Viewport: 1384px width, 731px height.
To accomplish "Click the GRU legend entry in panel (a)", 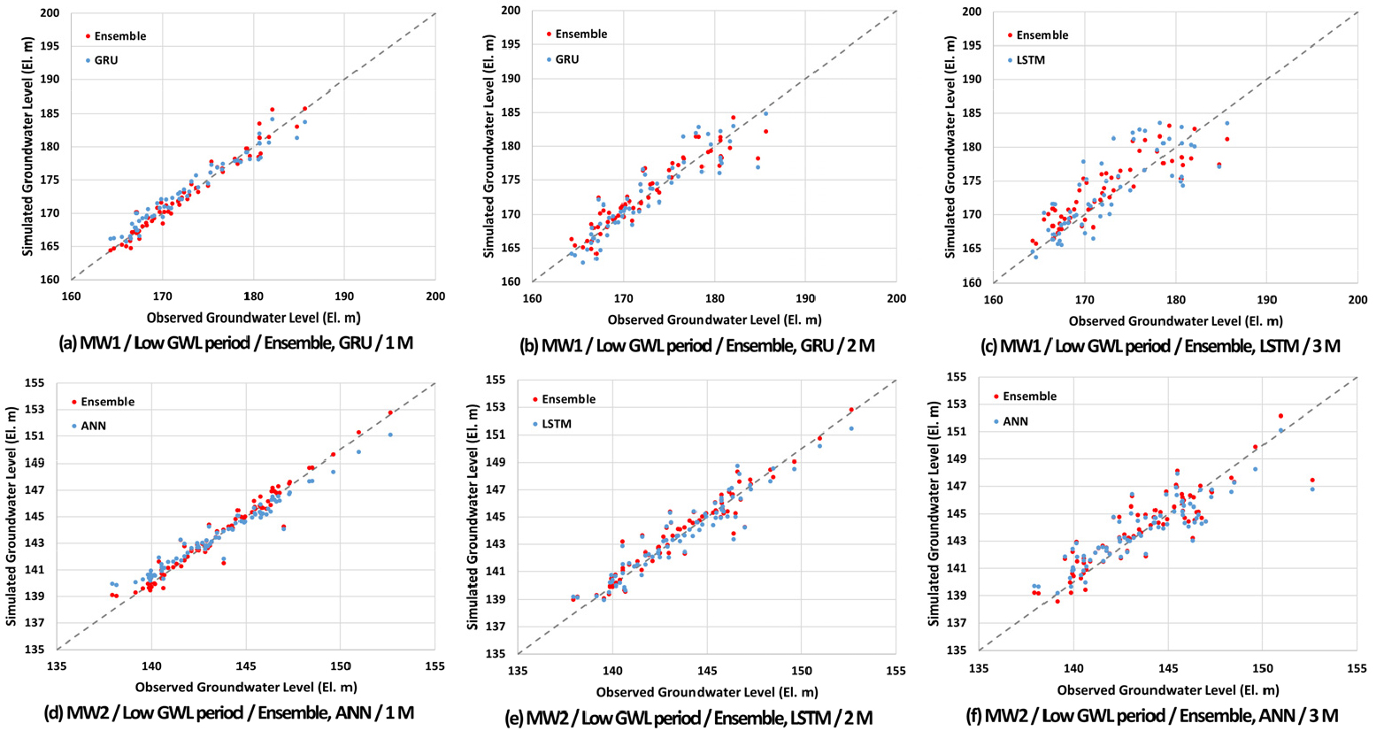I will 105,60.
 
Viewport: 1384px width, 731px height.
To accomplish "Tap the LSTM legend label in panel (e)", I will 557,424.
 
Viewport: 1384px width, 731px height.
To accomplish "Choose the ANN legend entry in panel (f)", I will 1015,421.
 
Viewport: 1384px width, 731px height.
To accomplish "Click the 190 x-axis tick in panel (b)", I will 804,298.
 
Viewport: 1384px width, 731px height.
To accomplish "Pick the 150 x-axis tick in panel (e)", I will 801,671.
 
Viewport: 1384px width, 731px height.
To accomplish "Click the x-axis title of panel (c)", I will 1175,321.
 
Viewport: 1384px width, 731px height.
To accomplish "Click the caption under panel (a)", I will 235,343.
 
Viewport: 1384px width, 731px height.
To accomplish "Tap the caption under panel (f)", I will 1161,715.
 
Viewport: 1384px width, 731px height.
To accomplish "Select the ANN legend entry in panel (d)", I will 93,426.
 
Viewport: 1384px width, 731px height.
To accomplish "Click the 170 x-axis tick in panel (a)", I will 162,296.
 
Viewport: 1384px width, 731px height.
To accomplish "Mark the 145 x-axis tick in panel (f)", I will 1167,669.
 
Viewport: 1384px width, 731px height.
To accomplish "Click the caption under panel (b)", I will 700,344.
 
